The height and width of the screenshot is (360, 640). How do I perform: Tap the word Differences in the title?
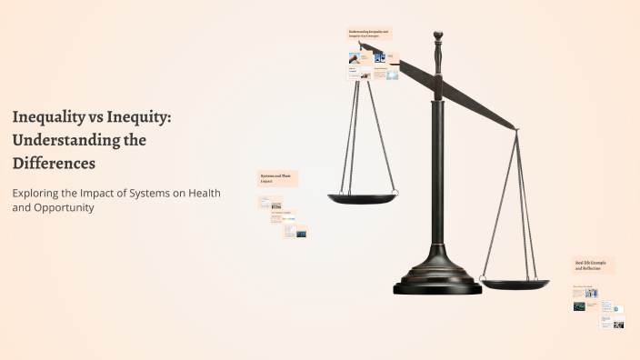click(54, 164)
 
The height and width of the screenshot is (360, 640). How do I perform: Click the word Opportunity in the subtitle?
click(64, 208)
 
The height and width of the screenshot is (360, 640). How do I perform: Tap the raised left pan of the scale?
click(363, 197)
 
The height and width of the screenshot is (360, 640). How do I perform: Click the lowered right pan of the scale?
click(515, 285)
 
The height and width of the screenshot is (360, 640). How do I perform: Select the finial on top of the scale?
click(437, 39)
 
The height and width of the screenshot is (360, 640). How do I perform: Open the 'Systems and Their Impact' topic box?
click(278, 179)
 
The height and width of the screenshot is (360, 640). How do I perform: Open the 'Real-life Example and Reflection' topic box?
click(594, 265)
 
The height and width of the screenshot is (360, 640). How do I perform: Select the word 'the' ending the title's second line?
click(135, 140)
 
